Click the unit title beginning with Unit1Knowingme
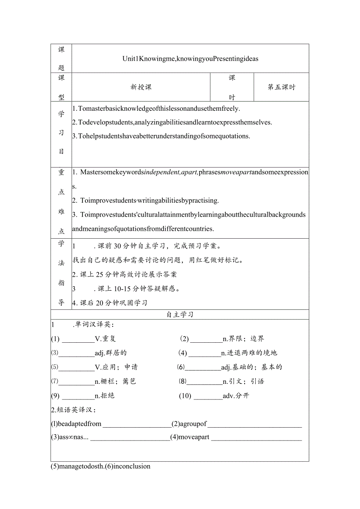(190, 59)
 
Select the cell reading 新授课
(141, 87)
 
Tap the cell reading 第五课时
(281, 87)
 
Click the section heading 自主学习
(180, 315)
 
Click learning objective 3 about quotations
(161, 136)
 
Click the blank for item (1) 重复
(78, 339)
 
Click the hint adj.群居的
(111, 353)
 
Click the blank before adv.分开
(208, 396)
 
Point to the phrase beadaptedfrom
(76, 424)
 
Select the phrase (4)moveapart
(190, 437)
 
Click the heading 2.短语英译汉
(73, 410)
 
